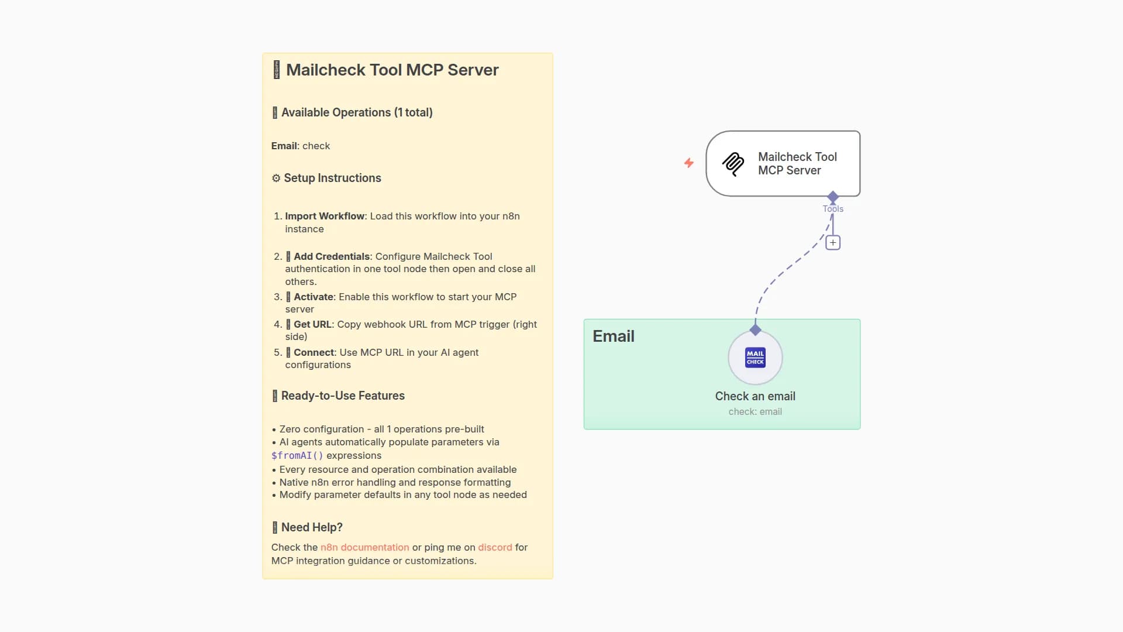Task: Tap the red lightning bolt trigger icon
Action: pyautogui.click(x=689, y=163)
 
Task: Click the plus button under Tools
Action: pyautogui.click(x=833, y=242)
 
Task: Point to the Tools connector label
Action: pyautogui.click(x=833, y=209)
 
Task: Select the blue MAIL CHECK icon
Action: pyautogui.click(x=755, y=358)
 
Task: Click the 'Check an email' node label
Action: pyautogui.click(x=755, y=396)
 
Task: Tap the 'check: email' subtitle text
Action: pyautogui.click(x=755, y=412)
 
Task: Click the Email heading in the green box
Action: pyautogui.click(x=613, y=336)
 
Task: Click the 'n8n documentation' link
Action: pyautogui.click(x=364, y=547)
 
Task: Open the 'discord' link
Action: pyautogui.click(x=495, y=547)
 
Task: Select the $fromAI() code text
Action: pyautogui.click(x=297, y=456)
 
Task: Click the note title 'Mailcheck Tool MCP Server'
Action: pyautogui.click(x=392, y=70)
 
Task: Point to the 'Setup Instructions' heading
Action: pyautogui.click(x=332, y=178)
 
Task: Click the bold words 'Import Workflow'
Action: pyautogui.click(x=325, y=216)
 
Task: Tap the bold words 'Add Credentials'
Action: pyautogui.click(x=332, y=256)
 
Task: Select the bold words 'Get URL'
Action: pyautogui.click(x=312, y=324)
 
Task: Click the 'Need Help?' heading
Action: pyautogui.click(x=312, y=527)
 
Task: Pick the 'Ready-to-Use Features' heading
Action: pyautogui.click(x=343, y=396)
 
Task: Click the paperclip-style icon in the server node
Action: pyautogui.click(x=733, y=164)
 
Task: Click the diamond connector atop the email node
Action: pyautogui.click(x=755, y=330)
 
